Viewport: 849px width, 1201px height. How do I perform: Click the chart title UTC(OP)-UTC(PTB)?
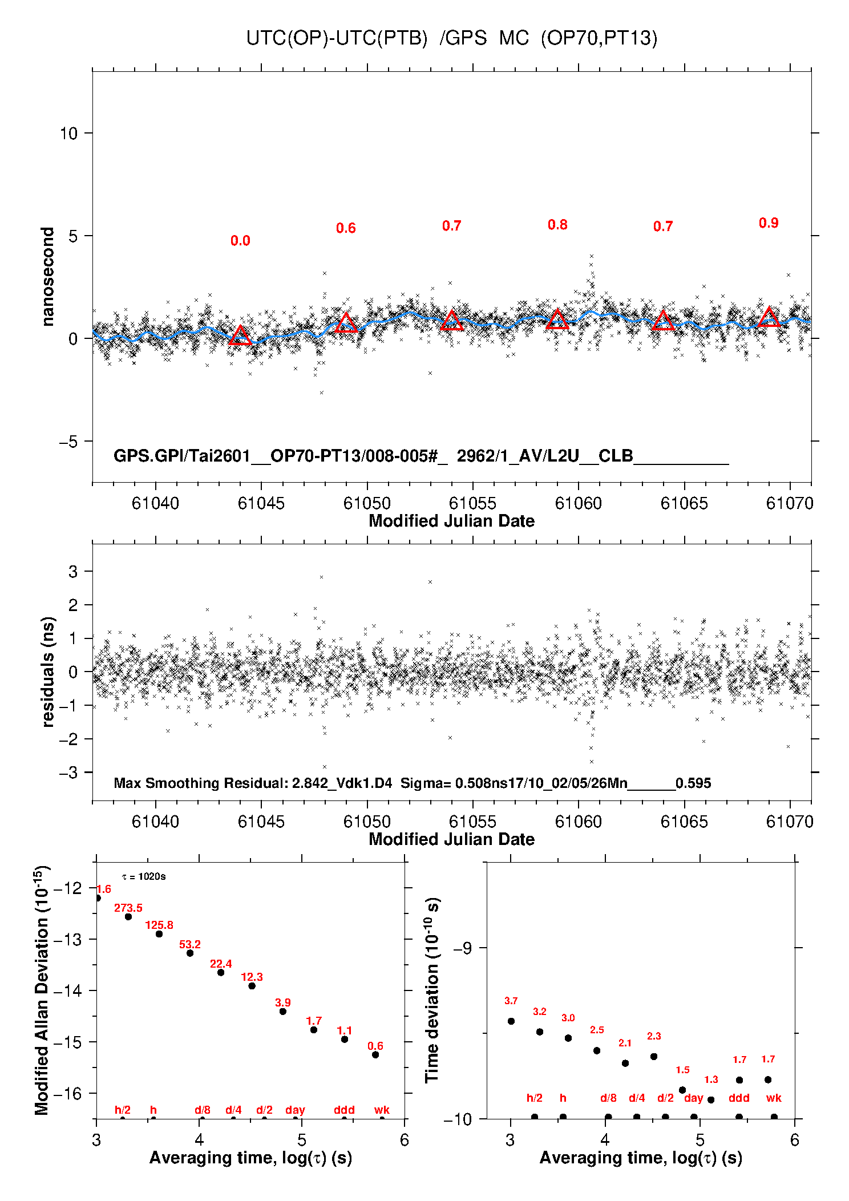tap(337, 38)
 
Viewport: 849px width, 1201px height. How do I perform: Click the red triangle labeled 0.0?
tap(240, 336)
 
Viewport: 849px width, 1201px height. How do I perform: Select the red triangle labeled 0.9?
tap(769, 318)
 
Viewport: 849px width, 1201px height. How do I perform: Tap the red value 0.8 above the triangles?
tap(557, 225)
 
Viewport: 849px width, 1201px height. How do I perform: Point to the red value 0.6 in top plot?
tap(346, 228)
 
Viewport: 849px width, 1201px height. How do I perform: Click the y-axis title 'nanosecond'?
tap(48, 277)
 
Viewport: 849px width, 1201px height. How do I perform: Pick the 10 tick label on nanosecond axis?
tap(68, 134)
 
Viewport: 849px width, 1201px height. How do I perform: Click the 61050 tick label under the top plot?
tap(367, 503)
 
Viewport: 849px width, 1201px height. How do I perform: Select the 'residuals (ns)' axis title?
tap(48, 672)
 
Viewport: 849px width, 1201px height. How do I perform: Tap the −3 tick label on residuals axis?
tap(68, 773)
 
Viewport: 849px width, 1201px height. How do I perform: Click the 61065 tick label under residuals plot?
tap(684, 822)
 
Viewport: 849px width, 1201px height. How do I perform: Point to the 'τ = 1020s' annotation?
tap(144, 876)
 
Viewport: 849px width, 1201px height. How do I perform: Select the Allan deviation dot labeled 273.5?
tap(128, 916)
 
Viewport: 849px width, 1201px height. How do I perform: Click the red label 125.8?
tap(159, 925)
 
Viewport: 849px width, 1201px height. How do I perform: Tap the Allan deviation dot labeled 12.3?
tap(252, 985)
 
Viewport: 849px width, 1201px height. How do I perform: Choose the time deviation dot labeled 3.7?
tap(511, 1021)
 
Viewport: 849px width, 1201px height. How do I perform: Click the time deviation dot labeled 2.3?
tap(654, 1056)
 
